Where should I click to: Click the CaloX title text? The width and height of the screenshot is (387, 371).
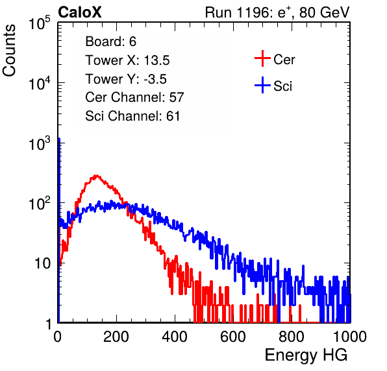(80, 12)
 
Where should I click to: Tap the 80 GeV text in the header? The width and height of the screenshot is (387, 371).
(324, 13)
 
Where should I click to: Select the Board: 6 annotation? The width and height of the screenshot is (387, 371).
(110, 42)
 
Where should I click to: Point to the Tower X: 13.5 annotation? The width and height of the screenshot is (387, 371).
(127, 60)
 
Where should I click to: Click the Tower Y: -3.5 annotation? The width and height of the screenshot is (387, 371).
(126, 79)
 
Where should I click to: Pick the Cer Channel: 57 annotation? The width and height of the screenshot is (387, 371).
(134, 97)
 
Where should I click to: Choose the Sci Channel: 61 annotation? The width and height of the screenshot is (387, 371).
(132, 116)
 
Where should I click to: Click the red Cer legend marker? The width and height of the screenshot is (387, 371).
(262, 58)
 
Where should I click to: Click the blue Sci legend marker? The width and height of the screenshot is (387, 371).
(262, 85)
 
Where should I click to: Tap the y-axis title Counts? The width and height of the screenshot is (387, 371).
(9, 51)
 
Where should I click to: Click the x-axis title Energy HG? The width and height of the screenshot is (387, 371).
(306, 355)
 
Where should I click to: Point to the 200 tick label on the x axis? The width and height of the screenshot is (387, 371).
(116, 337)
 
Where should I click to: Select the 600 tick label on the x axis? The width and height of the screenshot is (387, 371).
(233, 337)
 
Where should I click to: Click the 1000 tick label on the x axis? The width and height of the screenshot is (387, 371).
(350, 337)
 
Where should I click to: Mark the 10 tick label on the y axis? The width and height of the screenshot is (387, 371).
(43, 263)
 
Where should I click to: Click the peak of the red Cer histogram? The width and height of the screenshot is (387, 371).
(97, 176)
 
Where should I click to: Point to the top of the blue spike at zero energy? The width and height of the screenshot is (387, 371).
(59, 139)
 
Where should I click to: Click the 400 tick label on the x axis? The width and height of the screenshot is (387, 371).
(175, 337)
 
